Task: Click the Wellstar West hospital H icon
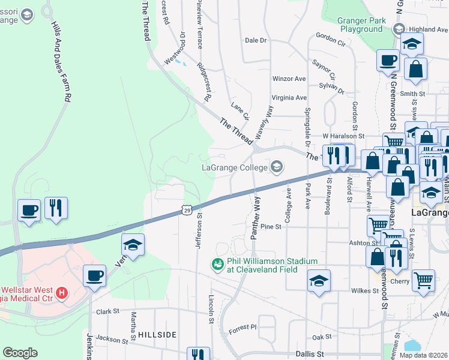coord(61,293)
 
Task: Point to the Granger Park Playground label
coord(361,24)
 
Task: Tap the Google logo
coord(20,353)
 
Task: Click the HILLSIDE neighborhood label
coord(157,334)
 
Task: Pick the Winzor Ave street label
coord(289,79)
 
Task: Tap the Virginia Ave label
coord(289,97)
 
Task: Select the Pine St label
coord(271,226)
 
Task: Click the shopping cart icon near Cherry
coord(423,280)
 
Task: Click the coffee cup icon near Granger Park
coord(388,59)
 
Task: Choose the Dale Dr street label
coord(255,40)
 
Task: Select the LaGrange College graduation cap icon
coord(277,167)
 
